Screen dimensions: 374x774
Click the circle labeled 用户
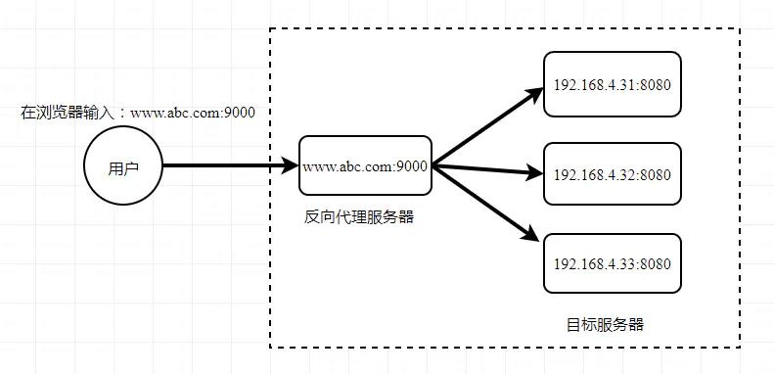click(123, 167)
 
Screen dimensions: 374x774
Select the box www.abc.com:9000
click(365, 166)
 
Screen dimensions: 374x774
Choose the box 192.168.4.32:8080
click(612, 174)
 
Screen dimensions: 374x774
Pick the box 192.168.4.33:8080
click(612, 263)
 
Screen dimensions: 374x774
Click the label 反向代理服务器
click(359, 217)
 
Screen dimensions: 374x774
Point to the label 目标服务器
click(605, 324)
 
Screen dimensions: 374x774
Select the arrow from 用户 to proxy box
click(225, 166)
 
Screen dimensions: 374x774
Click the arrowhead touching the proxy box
click(290, 166)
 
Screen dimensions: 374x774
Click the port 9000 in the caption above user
click(239, 113)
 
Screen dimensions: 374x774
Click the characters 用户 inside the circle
click(123, 168)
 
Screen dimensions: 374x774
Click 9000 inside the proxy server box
click(412, 166)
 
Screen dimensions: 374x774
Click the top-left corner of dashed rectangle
click(271, 28)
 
